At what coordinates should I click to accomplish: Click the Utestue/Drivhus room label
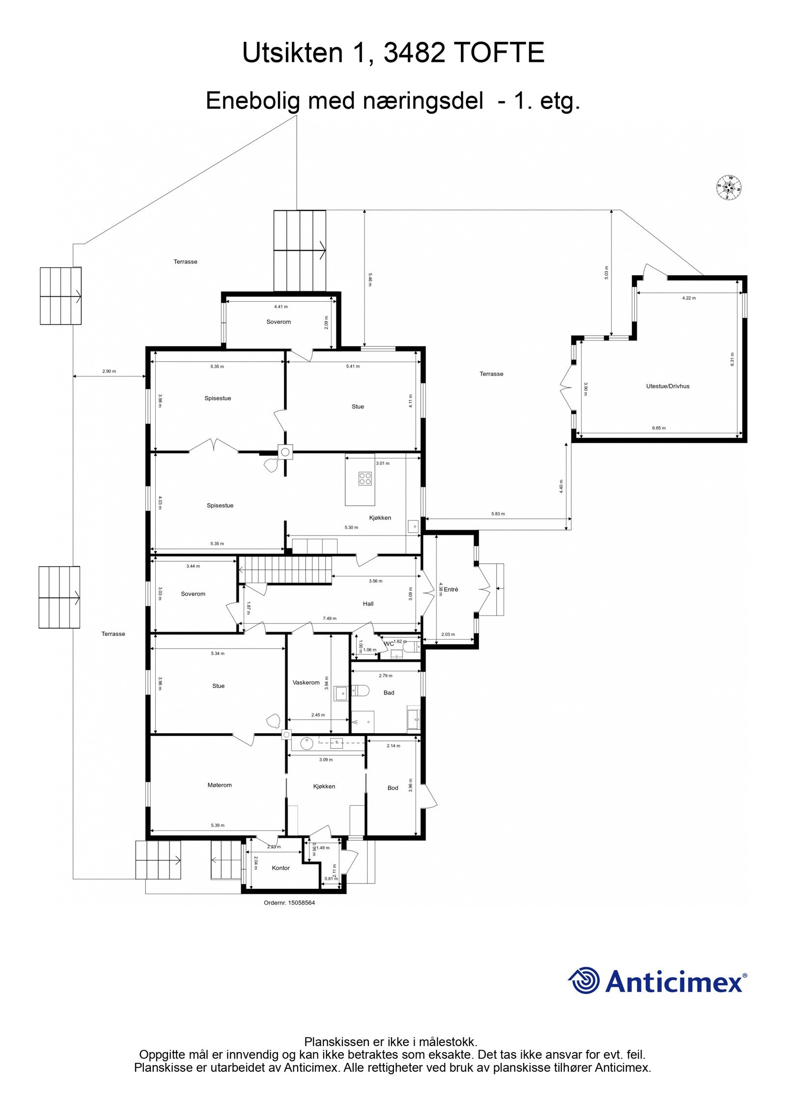point(667,386)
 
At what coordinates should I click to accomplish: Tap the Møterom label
point(219,785)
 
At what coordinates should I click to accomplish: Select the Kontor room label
point(281,868)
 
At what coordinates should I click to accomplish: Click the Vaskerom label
point(306,683)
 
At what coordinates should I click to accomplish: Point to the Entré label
point(450,589)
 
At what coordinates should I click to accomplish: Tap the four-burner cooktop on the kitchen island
point(365,478)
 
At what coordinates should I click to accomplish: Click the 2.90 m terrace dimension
point(109,371)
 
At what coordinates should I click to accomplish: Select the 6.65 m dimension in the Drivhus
point(659,428)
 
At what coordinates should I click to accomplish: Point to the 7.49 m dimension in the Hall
point(329,619)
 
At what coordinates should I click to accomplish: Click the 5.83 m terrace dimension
point(498,514)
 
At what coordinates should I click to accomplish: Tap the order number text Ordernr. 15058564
point(289,903)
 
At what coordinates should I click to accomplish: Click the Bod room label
point(393,788)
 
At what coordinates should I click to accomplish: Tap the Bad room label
point(389,693)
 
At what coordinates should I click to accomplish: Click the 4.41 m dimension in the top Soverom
point(281,307)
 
